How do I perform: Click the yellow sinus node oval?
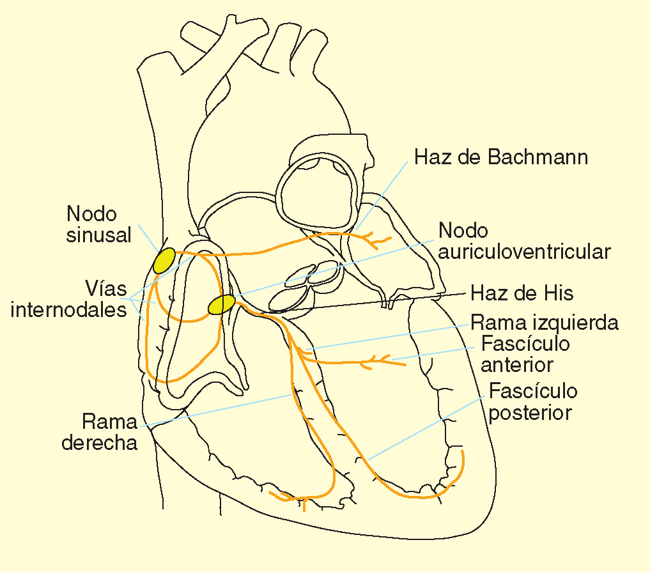click(x=164, y=260)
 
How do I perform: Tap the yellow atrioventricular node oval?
click(x=222, y=305)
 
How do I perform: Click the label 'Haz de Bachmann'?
click(x=501, y=157)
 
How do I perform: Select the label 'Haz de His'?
click(x=522, y=293)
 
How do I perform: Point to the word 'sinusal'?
click(x=98, y=235)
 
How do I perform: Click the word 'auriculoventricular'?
click(x=524, y=251)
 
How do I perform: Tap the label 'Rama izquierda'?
click(x=545, y=323)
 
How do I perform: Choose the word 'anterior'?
click(x=516, y=365)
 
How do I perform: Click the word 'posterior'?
click(x=530, y=412)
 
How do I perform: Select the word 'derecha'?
click(x=100, y=442)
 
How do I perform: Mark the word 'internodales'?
click(x=70, y=311)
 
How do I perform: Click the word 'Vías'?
click(x=105, y=285)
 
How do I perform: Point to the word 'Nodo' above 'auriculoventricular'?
click(x=463, y=231)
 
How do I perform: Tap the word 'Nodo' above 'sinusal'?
click(x=91, y=213)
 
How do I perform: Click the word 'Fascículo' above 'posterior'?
click(x=533, y=390)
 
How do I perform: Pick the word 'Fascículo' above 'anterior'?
click(x=525, y=344)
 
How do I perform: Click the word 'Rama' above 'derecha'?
click(x=109, y=422)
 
